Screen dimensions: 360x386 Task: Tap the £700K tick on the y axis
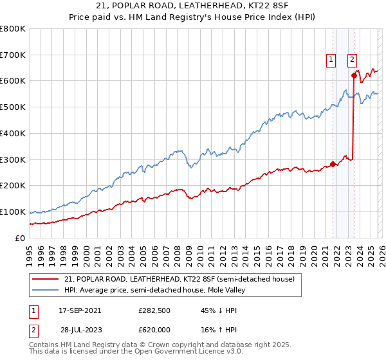pos(13,55)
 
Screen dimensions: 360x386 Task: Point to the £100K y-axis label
pos(13,212)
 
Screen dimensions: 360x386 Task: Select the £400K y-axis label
pos(13,133)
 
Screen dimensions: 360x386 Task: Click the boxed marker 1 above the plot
pos(331,59)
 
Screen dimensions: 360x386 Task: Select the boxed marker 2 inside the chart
pos(353,59)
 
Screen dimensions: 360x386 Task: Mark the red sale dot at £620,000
pos(354,76)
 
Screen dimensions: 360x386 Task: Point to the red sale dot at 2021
pos(333,164)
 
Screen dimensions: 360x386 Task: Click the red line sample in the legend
pos(46,279)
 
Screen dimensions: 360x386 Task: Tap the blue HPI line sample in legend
pos(46,290)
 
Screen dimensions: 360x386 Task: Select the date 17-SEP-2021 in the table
pos(80,310)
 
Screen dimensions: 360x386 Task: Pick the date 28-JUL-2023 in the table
pos(80,329)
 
